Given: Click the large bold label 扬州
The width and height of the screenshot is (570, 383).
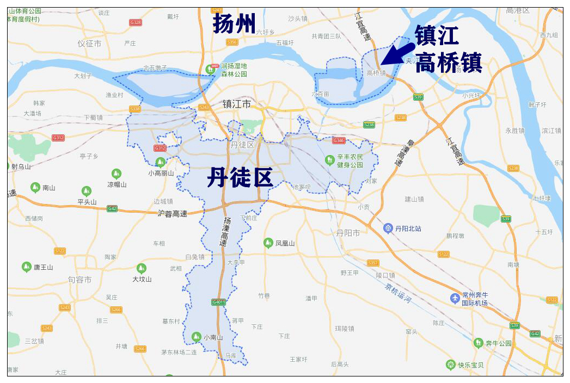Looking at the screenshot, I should (234, 24).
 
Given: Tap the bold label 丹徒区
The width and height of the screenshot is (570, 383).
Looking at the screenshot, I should (240, 178).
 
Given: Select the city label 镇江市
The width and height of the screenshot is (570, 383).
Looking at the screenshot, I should (237, 104).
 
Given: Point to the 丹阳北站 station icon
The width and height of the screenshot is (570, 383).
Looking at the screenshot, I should (388, 228).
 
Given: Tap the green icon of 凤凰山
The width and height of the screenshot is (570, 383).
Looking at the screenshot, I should (268, 243).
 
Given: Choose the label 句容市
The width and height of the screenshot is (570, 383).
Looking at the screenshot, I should (79, 280).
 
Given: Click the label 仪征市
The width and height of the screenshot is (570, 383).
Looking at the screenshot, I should (89, 44).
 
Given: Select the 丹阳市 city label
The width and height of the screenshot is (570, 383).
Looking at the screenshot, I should (348, 233).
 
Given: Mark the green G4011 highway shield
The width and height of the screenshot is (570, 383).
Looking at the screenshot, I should (218, 302).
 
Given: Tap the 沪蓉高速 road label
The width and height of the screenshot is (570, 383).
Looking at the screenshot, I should (172, 214).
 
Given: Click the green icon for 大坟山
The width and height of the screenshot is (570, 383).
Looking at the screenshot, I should (142, 268).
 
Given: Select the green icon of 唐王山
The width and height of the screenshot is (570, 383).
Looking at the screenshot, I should (26, 267).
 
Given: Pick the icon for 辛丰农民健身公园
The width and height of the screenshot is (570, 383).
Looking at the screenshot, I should (329, 160).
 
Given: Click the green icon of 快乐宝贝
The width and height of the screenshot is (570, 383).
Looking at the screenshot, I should (450, 365).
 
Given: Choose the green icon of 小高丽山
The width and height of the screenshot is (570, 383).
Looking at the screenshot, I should (160, 162).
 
